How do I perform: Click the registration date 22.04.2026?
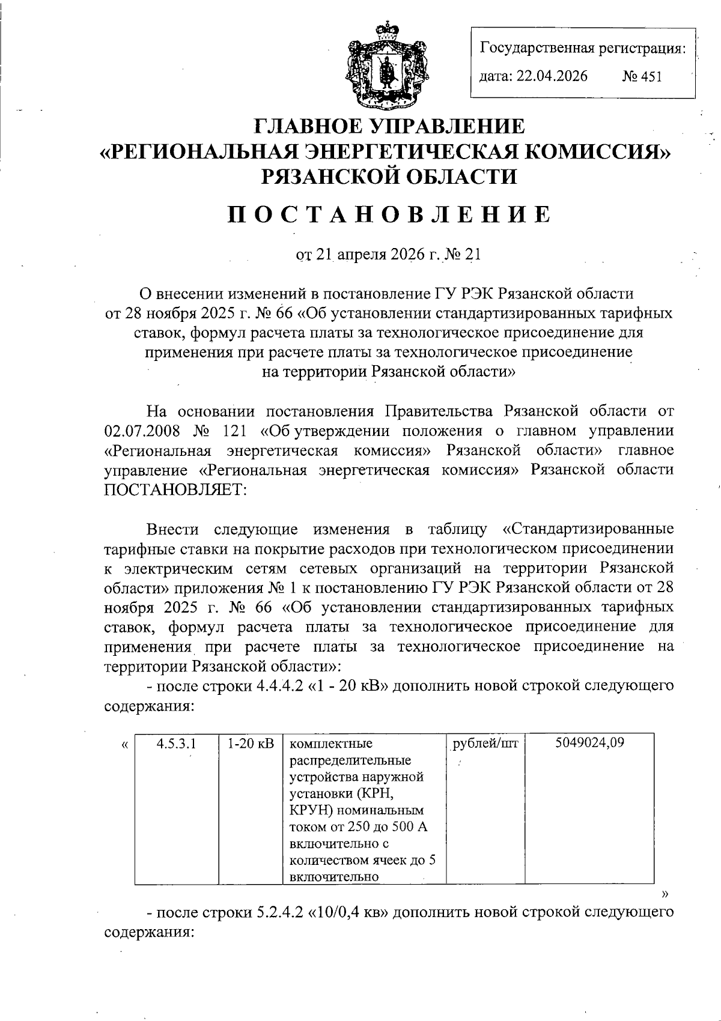click(552, 76)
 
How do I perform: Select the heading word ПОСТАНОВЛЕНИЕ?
click(389, 214)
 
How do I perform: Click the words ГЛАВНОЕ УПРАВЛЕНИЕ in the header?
click(389, 126)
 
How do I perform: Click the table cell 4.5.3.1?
click(176, 743)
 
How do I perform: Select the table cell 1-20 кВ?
click(251, 743)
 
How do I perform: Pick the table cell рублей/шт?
click(485, 743)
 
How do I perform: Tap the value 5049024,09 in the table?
click(589, 743)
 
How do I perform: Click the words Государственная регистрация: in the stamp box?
click(582, 49)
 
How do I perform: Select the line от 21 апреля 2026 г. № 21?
click(389, 255)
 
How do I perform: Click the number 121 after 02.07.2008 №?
click(235, 431)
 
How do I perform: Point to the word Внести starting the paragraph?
click(172, 529)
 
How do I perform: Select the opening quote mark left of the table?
click(124, 745)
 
